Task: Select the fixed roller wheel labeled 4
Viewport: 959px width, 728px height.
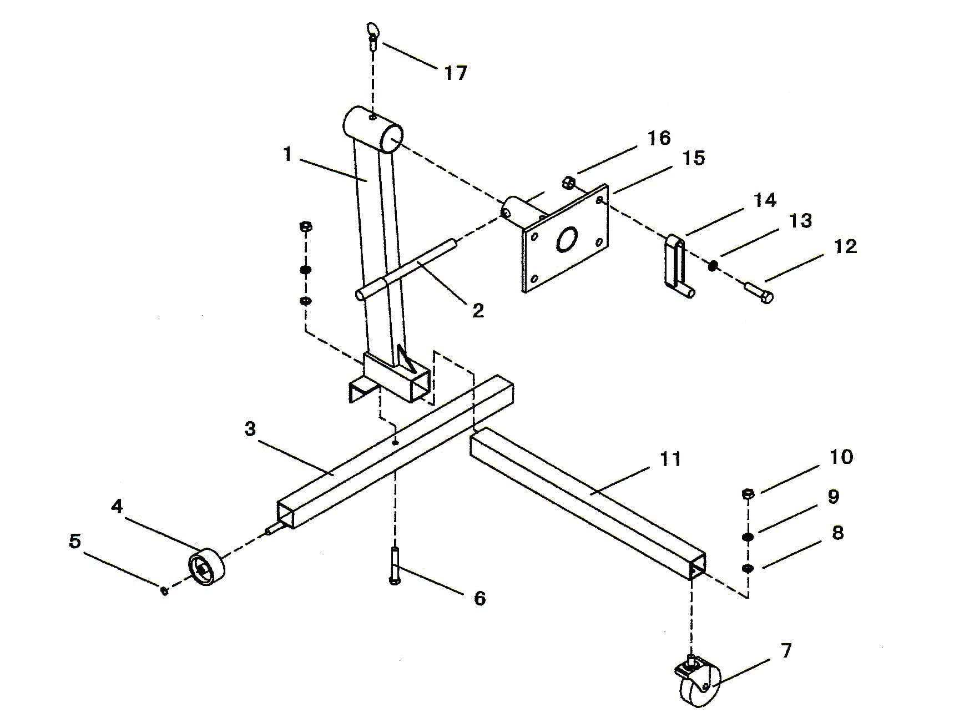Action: pos(206,567)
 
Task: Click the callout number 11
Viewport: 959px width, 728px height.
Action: pos(670,459)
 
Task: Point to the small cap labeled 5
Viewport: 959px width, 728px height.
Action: pos(164,591)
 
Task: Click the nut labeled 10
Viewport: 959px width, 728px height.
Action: pos(748,493)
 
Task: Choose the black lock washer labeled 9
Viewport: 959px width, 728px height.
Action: pos(748,537)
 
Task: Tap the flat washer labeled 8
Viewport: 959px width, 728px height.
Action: pos(748,568)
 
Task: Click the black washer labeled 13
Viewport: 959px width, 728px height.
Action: pos(714,265)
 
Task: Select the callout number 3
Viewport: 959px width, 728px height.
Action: pos(250,429)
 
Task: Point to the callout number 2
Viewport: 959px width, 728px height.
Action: pos(478,311)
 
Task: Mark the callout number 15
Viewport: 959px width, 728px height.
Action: pos(693,158)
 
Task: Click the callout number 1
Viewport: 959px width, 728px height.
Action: pos(287,154)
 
